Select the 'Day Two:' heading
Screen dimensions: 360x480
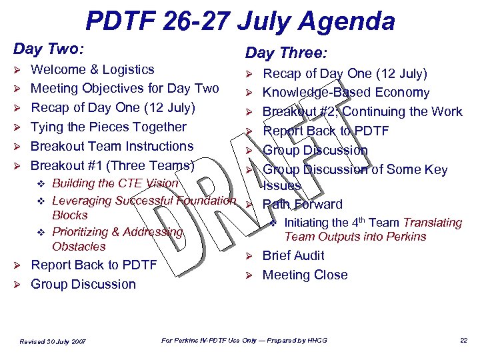point(49,49)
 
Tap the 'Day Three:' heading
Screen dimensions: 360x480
point(286,53)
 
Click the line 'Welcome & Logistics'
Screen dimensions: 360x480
point(93,69)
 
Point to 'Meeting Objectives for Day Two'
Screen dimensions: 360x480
point(125,88)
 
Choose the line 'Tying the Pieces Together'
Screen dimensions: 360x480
point(109,127)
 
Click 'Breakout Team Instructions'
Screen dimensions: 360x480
point(112,146)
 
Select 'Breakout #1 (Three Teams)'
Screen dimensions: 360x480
point(113,165)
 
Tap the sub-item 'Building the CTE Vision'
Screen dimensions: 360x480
point(115,183)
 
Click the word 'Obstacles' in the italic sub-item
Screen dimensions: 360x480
point(79,246)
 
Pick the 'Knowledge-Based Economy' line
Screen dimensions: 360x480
point(346,93)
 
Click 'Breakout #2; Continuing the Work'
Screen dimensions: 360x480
point(362,111)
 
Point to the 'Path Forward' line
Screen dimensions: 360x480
point(303,204)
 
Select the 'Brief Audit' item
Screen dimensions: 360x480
point(293,255)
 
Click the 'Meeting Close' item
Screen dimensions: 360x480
point(305,275)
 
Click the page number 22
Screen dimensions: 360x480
point(463,341)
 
